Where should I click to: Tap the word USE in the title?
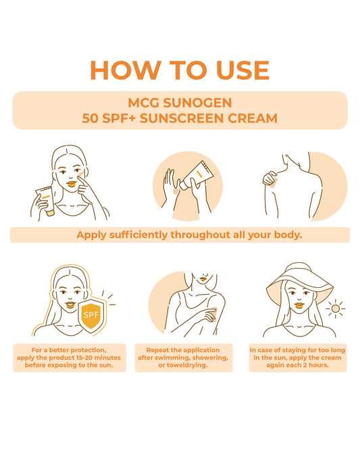(x=242, y=70)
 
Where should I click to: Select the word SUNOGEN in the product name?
(x=197, y=103)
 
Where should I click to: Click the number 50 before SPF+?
(x=91, y=118)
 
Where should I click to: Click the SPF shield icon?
(x=91, y=315)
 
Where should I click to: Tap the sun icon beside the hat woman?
(x=335, y=309)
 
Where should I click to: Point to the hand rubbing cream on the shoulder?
(x=270, y=178)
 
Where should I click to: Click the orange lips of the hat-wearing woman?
(x=299, y=305)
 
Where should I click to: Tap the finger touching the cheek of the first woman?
(x=82, y=178)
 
